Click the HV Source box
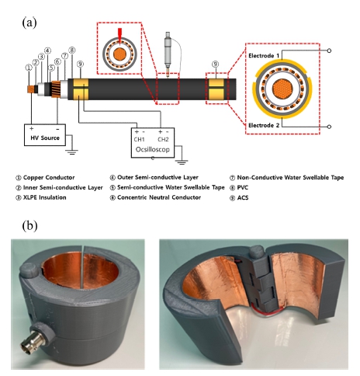(x=45, y=135)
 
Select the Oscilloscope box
(x=153, y=143)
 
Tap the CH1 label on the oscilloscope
(x=139, y=140)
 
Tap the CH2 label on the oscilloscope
(x=163, y=140)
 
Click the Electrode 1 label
(x=264, y=56)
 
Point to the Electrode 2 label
(x=264, y=125)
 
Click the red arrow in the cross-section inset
(x=119, y=37)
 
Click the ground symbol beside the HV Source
(x=71, y=151)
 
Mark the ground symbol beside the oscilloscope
(x=182, y=162)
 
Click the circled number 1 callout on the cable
(x=29, y=68)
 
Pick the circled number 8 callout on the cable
(x=72, y=50)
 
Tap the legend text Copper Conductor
(x=49, y=177)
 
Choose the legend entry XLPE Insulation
(x=45, y=197)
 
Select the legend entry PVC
(x=243, y=187)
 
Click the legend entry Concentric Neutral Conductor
(x=159, y=197)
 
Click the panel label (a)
(x=29, y=23)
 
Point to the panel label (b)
(x=29, y=226)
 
